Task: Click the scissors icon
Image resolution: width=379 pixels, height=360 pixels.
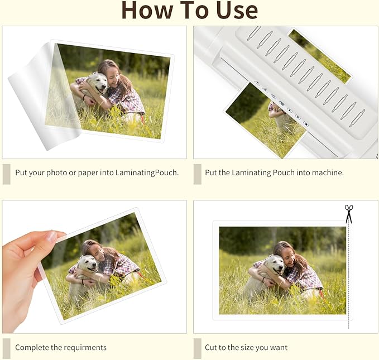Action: point(349,213)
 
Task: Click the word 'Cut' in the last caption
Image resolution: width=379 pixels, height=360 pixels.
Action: point(212,347)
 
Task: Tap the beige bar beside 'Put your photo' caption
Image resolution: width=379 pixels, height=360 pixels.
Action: point(6,174)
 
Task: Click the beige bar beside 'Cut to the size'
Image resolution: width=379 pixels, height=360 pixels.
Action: point(197,348)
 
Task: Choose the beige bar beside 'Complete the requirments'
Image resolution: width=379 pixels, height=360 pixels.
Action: point(6,348)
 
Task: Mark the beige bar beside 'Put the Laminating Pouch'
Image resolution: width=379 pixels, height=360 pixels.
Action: point(197,174)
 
